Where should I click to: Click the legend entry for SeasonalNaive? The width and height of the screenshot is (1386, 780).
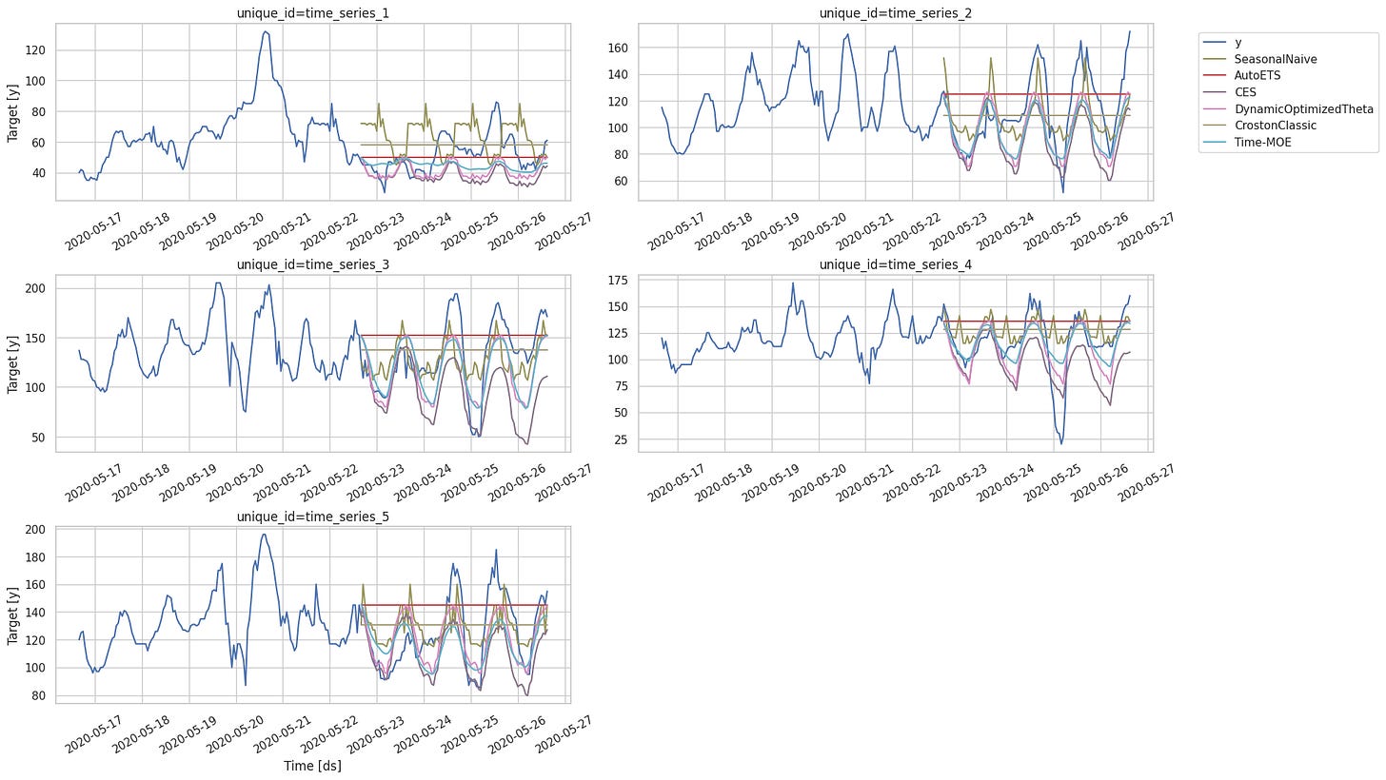pyautogui.click(x=1267, y=59)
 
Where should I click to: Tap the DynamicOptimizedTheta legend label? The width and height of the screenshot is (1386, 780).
pyautogui.click(x=1296, y=108)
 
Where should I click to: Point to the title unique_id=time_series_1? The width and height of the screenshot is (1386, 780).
pyautogui.click(x=312, y=12)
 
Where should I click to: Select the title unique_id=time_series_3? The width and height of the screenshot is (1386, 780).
pyautogui.click(x=312, y=263)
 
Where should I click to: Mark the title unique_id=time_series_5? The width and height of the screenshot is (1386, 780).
pyautogui.click(x=312, y=516)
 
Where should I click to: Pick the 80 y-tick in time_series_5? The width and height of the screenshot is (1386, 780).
pyautogui.click(x=38, y=696)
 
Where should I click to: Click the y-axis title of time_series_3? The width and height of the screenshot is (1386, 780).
pyautogui.click(x=13, y=362)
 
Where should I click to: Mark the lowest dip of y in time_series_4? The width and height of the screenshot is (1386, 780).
pyautogui.click(x=1061, y=443)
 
